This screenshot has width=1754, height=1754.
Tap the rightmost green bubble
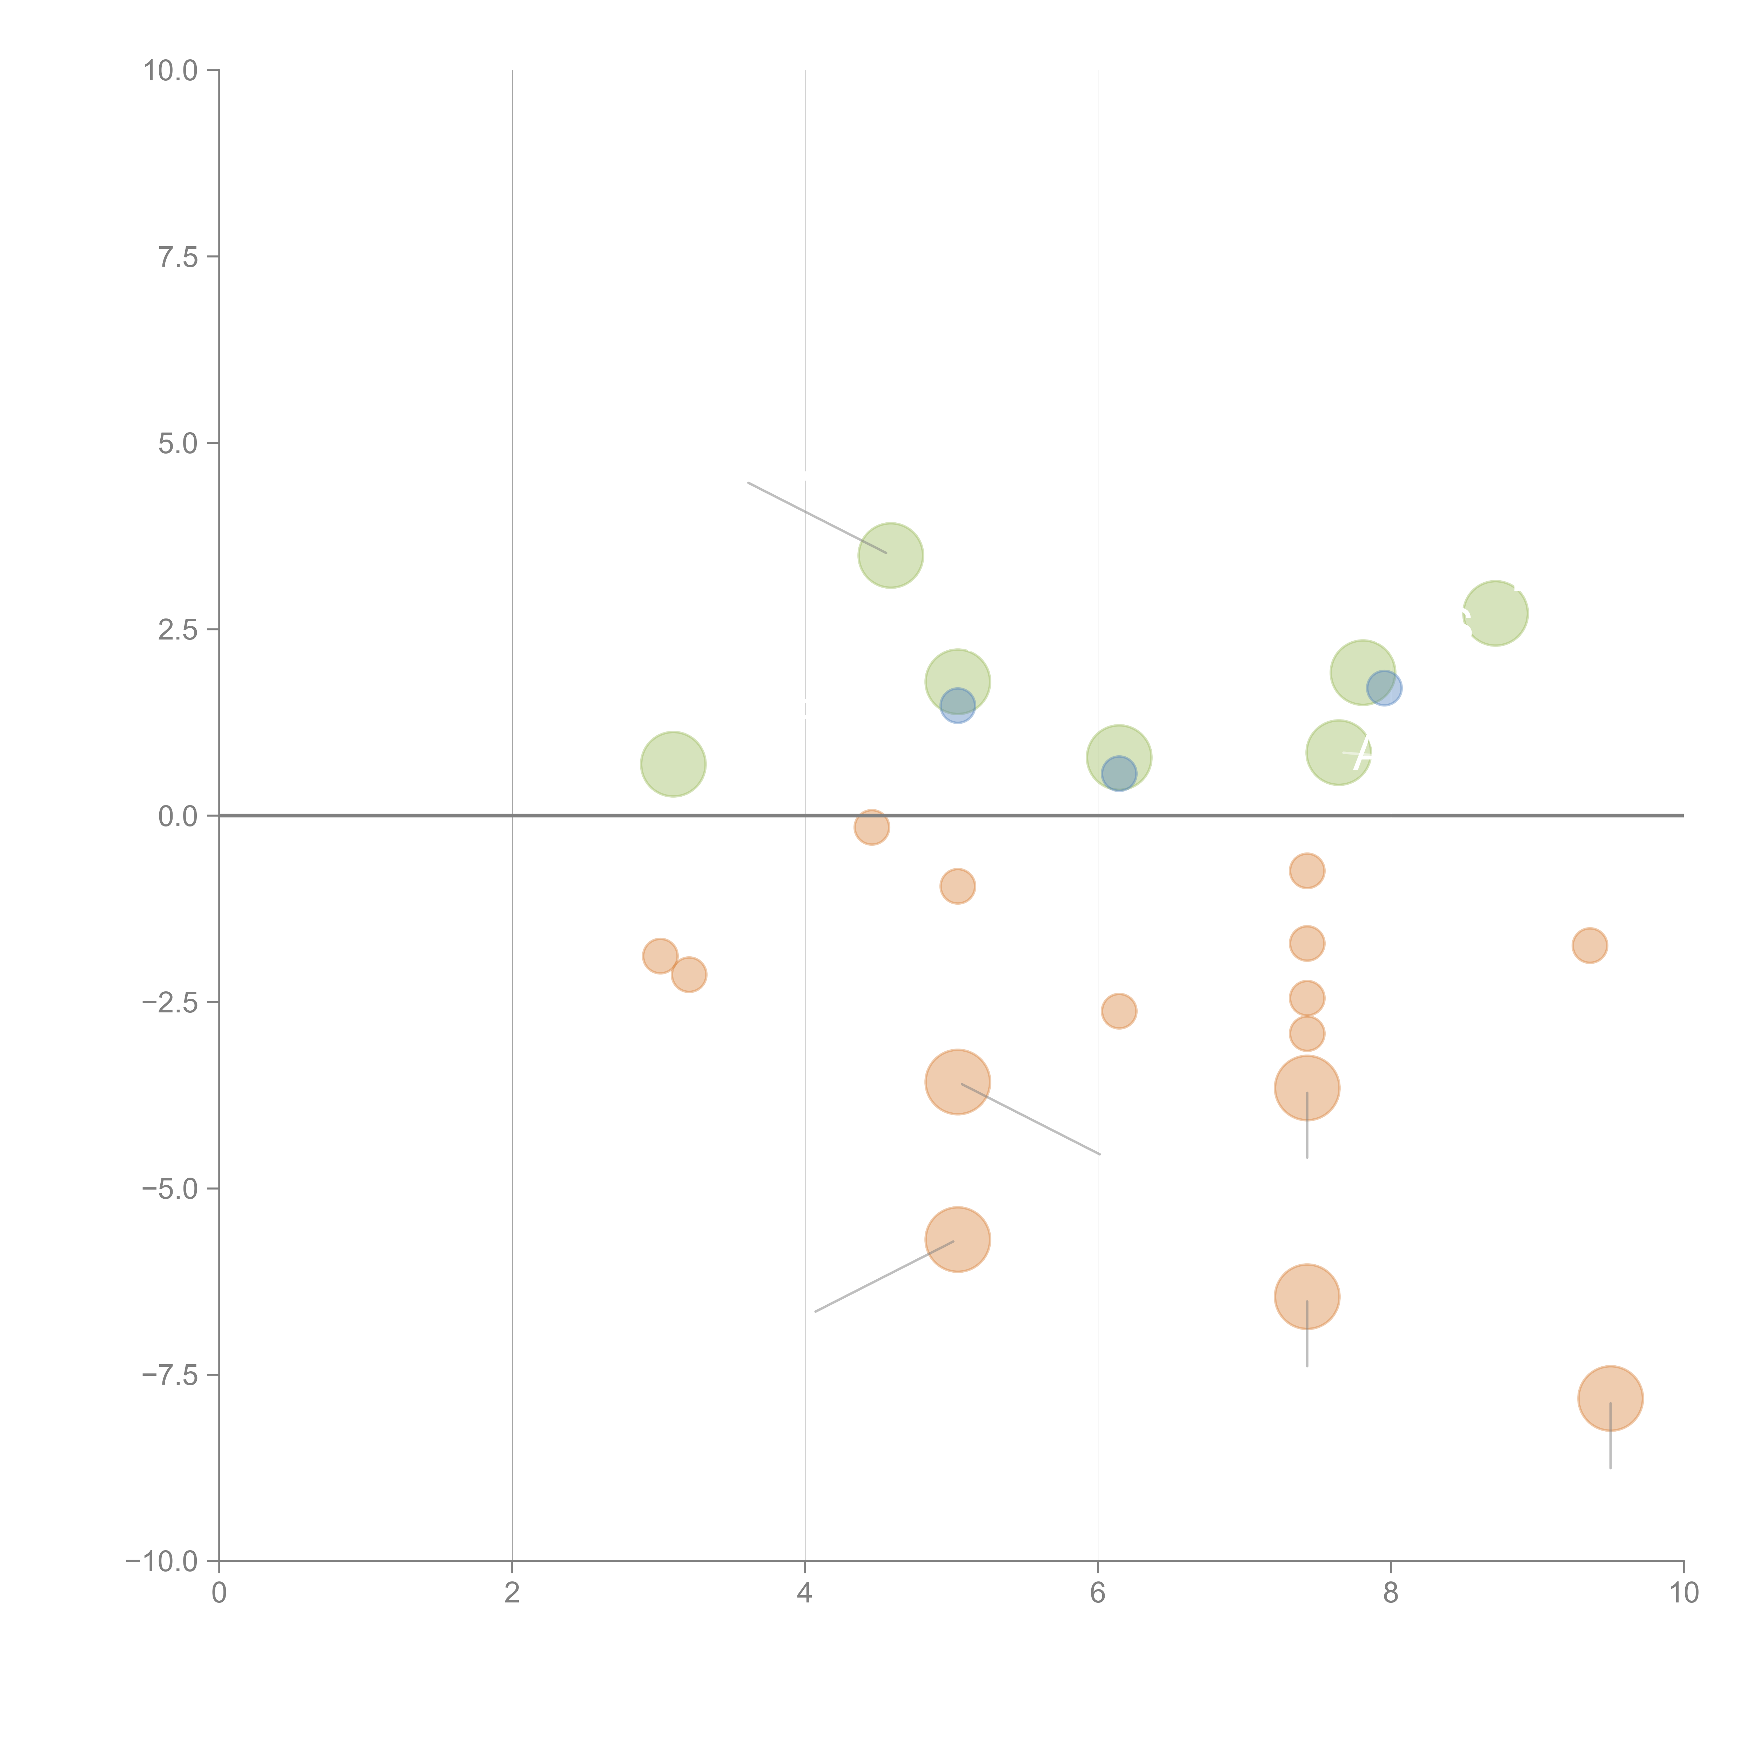pos(1495,614)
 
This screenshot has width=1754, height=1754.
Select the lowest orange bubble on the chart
pos(1610,1398)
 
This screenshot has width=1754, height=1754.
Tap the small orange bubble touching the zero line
pos(871,827)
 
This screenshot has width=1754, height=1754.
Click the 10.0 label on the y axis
pos(171,71)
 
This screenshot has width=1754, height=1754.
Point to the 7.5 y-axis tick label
pos(178,257)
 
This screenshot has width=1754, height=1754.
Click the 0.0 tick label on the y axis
pos(178,816)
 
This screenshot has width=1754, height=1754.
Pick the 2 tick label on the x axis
pos(512,1593)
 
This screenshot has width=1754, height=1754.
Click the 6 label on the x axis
pos(1098,1593)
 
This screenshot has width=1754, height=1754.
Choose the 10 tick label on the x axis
pos(1683,1593)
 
